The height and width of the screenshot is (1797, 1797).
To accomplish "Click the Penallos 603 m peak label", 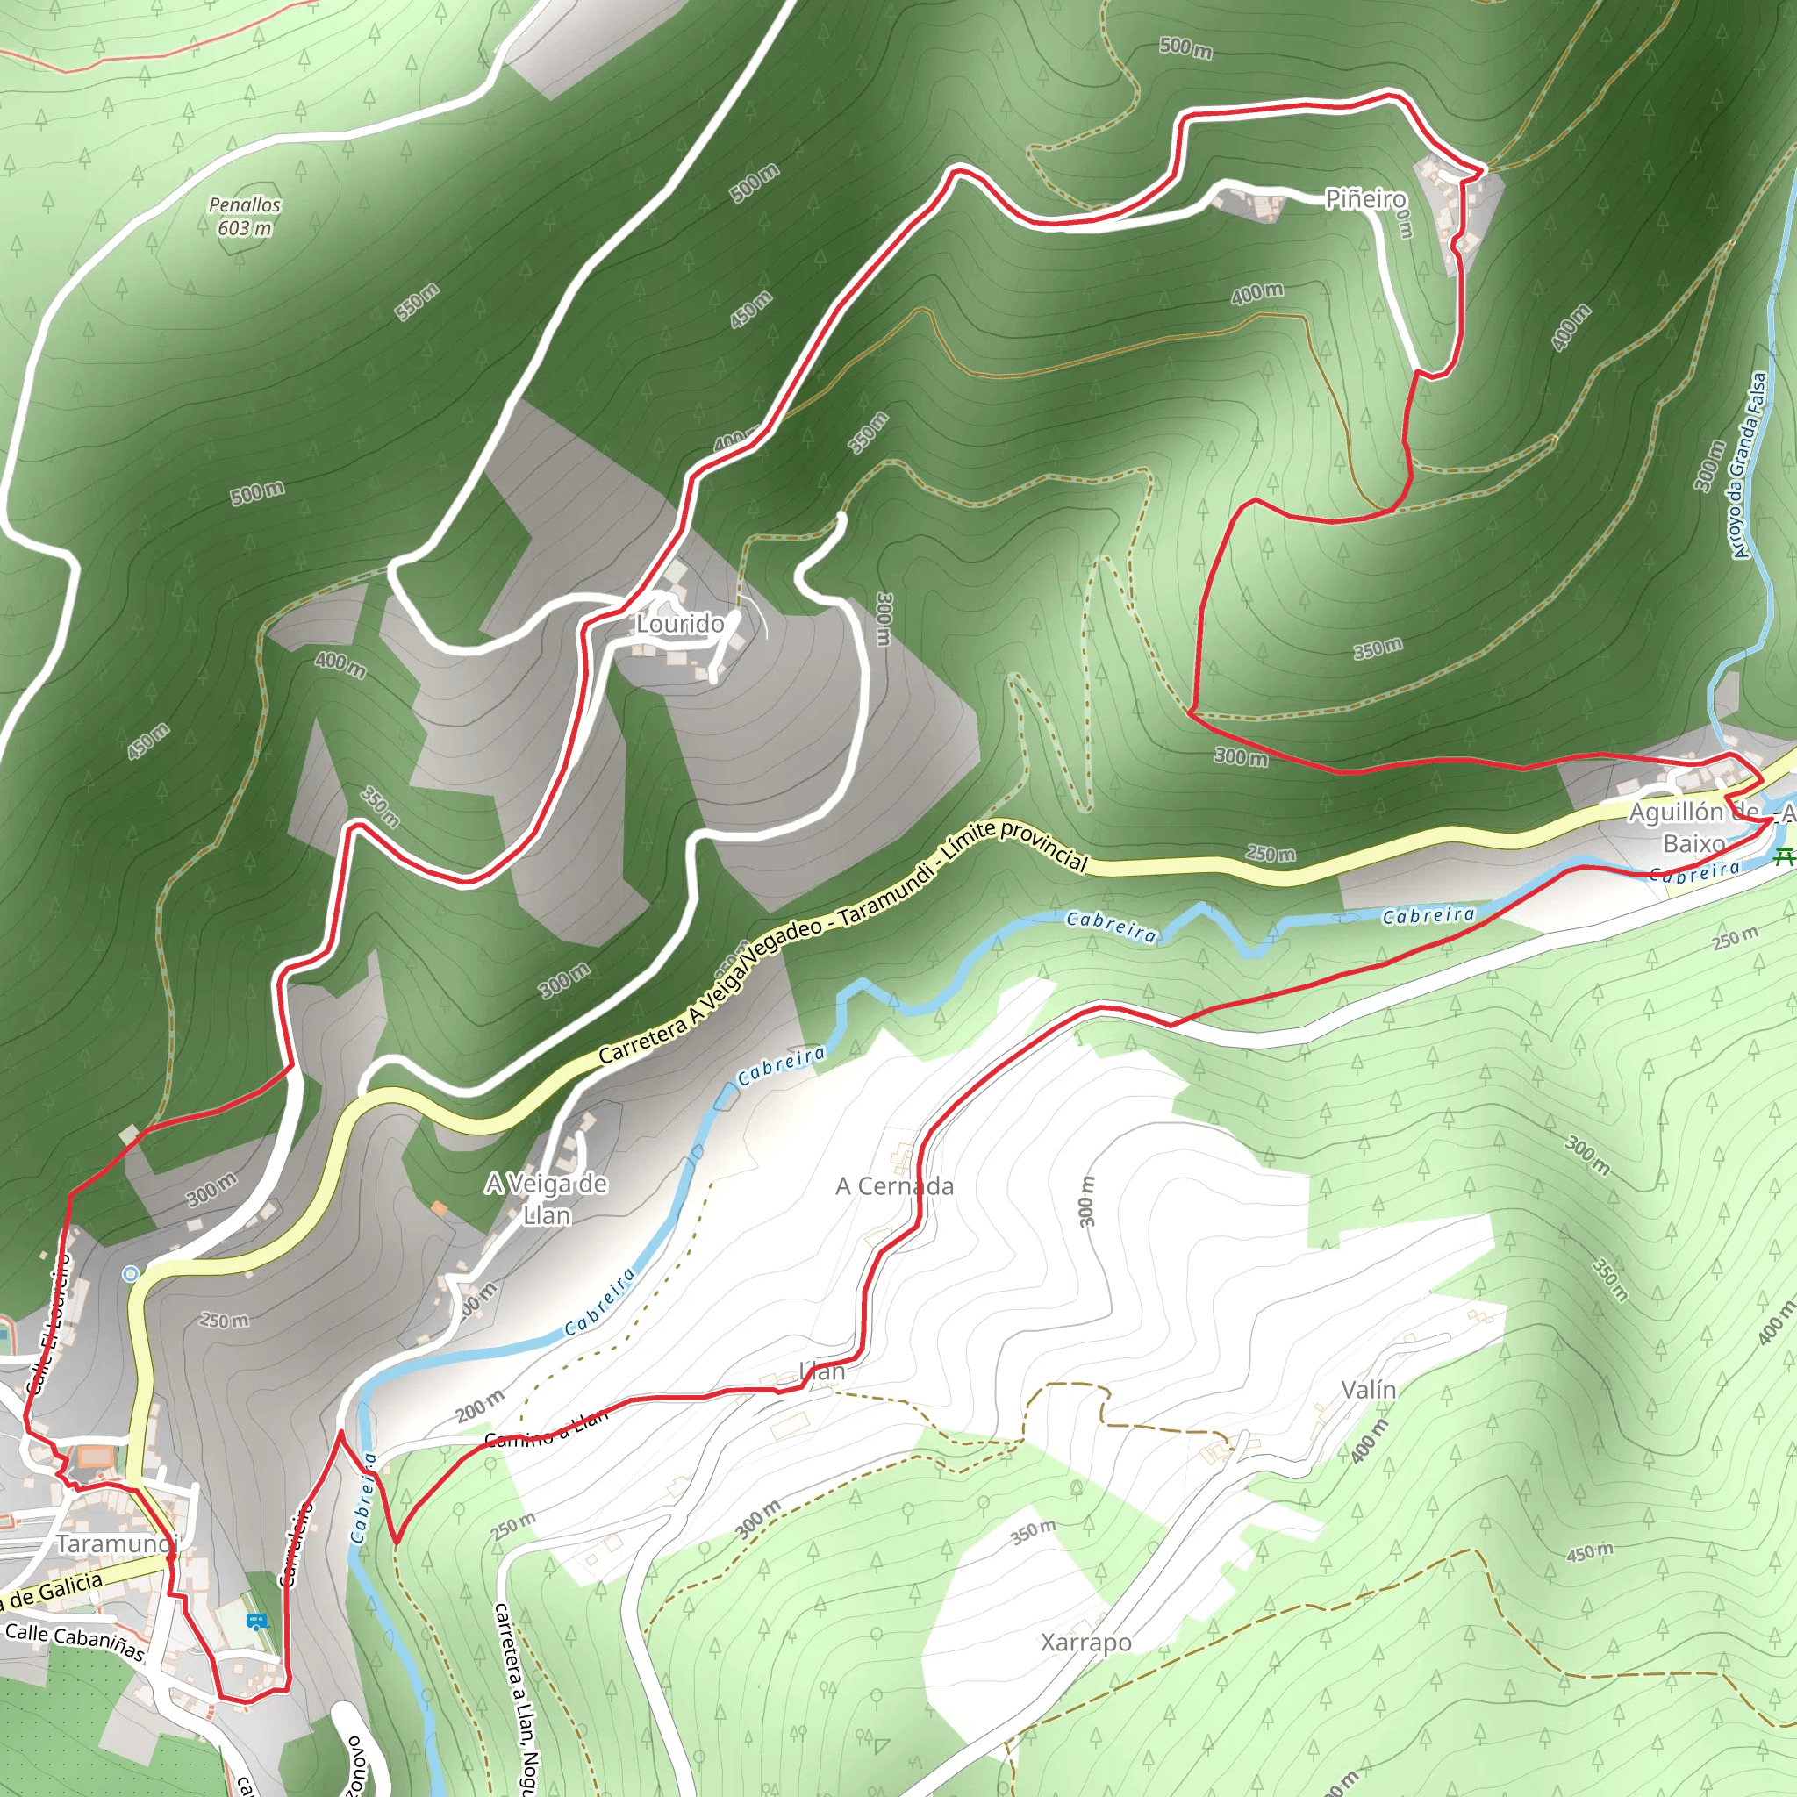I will point(245,215).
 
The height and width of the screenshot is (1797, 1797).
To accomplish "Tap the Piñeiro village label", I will point(1364,198).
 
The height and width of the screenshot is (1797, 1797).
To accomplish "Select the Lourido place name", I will point(679,623).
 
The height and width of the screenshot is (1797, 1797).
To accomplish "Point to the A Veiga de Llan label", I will point(546,1199).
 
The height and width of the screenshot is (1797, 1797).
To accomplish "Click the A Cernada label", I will point(894,1186).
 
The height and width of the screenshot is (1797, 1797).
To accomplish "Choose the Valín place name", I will point(1368,1389).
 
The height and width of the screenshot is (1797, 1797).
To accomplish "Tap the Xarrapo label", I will point(1085,1642).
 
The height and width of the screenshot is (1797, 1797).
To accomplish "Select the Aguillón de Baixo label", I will point(1693,827).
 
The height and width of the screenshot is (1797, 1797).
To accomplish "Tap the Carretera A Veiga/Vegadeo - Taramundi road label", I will point(841,940).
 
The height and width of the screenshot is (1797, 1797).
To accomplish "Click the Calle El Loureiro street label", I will point(48,1322).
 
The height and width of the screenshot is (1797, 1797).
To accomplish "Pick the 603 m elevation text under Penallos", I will point(245,228).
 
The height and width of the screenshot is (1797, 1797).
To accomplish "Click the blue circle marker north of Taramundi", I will point(131,1273).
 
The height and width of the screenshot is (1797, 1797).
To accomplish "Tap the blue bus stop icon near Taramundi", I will point(257,1622).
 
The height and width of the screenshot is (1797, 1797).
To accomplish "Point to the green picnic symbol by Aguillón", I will point(1782,856).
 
